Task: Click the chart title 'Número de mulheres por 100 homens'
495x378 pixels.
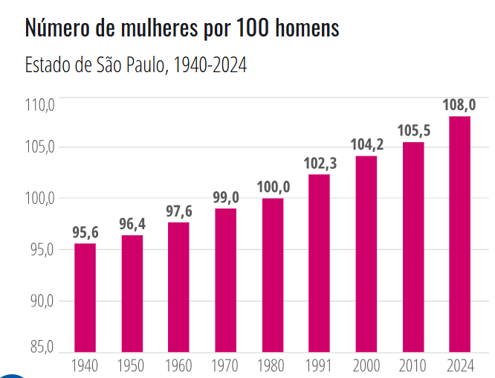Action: pyautogui.click(x=182, y=28)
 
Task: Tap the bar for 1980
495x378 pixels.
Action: pyautogui.click(x=273, y=275)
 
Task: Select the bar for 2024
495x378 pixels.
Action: pyautogui.click(x=459, y=234)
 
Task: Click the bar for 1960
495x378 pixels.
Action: pyautogui.click(x=178, y=287)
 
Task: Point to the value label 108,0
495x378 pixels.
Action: pyautogui.click(x=459, y=105)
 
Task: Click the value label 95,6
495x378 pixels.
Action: pyautogui.click(x=85, y=232)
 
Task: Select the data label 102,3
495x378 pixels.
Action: pyautogui.click(x=320, y=163)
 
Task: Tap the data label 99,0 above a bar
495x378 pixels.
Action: pyautogui.click(x=226, y=197)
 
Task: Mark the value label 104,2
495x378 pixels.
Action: pyautogui.click(x=366, y=144)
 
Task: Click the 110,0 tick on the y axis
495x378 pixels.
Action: pyautogui.click(x=40, y=105)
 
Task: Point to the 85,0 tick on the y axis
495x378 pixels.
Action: pyautogui.click(x=40, y=347)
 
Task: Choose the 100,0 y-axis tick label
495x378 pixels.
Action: pyautogui.click(x=40, y=198)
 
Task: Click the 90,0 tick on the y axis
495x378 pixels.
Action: pyautogui.click(x=40, y=301)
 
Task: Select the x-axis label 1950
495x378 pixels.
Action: pyautogui.click(x=132, y=365)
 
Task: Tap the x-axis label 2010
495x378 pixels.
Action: pyautogui.click(x=413, y=365)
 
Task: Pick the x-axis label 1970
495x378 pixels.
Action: pyautogui.click(x=226, y=365)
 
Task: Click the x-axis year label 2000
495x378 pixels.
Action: pyautogui.click(x=366, y=365)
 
